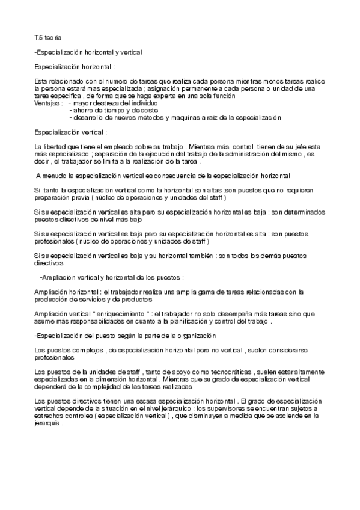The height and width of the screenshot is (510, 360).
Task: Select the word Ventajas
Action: [x=47, y=102]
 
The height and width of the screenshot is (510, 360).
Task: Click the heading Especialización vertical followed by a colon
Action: [x=71, y=132]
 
